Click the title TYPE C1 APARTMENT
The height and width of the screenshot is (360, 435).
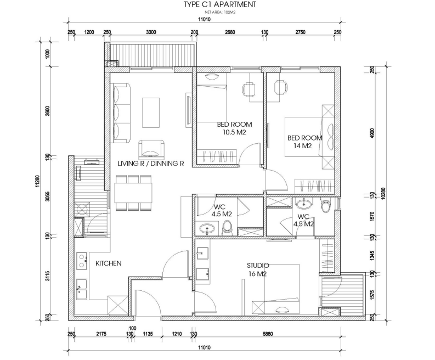click(x=220, y=4)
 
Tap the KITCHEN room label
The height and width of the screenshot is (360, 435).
click(x=109, y=263)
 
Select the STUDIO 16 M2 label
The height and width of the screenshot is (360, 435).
click(x=258, y=270)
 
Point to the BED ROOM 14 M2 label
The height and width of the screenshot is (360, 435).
click(x=304, y=142)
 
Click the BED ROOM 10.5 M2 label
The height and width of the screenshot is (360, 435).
click(x=234, y=128)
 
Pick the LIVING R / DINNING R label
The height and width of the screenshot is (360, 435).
click(x=151, y=164)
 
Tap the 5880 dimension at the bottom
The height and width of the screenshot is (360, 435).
click(x=268, y=334)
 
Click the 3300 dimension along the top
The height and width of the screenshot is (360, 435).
click(x=151, y=32)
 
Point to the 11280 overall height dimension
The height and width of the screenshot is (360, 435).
click(x=38, y=181)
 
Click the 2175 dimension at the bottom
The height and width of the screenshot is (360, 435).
click(x=101, y=334)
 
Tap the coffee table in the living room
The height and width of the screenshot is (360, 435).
click(x=151, y=113)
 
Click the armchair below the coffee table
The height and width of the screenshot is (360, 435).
click(x=151, y=148)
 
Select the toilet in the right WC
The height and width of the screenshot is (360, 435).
click(x=325, y=205)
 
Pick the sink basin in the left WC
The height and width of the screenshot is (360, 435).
click(x=207, y=229)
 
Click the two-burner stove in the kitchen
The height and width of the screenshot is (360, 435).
click(x=82, y=261)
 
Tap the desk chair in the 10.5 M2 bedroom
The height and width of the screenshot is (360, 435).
click(x=249, y=89)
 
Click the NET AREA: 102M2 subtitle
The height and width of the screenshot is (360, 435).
click(x=220, y=12)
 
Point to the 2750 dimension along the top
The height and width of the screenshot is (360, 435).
click(x=300, y=32)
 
